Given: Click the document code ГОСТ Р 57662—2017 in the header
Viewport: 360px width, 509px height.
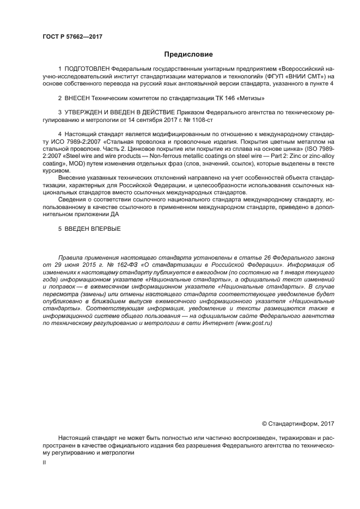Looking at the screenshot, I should [72, 37].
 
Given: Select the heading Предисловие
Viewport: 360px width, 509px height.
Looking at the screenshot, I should [188, 54].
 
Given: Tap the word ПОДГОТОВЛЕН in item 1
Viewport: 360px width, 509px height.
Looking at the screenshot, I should [87, 69].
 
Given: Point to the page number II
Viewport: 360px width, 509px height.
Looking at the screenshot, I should [44, 462].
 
